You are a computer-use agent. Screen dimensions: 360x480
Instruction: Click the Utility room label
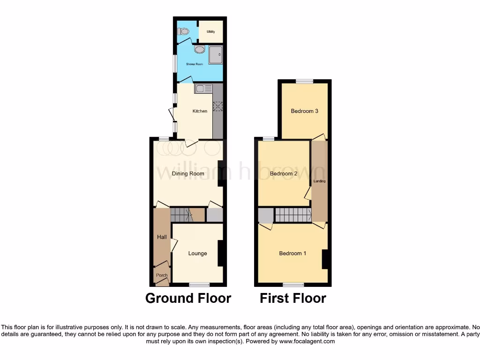210,32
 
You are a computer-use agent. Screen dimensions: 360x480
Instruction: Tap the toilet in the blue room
183,31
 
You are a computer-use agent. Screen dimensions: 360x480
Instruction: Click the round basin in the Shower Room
199,50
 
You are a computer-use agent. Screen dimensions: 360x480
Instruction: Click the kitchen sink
204,88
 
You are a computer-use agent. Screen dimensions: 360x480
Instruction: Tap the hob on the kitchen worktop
217,106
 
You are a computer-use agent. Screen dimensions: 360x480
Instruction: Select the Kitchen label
200,111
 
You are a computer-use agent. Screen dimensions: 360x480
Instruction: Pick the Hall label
162,237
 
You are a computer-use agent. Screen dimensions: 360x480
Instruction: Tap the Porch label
162,275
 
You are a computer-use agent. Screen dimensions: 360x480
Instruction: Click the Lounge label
197,254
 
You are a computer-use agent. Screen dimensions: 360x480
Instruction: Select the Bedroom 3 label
305,111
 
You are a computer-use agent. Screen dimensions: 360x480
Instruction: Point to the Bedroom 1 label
292,254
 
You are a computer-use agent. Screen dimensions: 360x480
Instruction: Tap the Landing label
320,181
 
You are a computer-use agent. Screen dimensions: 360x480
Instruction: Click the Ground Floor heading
188,298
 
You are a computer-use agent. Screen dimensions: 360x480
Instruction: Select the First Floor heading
293,298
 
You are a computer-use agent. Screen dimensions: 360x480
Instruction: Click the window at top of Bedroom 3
304,81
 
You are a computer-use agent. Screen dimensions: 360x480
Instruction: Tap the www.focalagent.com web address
307,342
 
